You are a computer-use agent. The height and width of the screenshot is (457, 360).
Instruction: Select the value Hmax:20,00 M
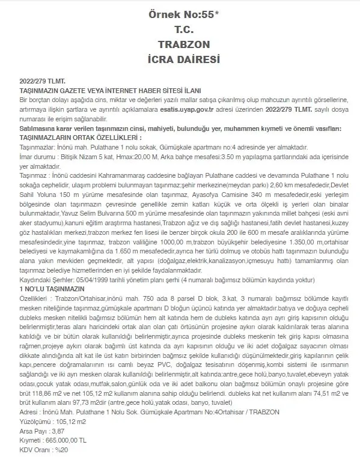coord(130,155)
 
